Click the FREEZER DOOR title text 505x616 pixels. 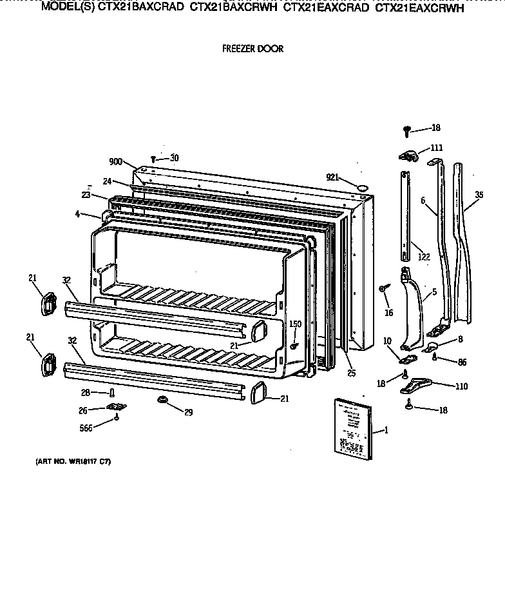(252, 48)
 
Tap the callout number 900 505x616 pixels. (116, 162)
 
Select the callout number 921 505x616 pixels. (332, 176)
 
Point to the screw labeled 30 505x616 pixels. (153, 159)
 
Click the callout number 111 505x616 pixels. (437, 147)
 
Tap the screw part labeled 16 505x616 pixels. (383, 288)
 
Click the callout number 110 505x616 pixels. (461, 386)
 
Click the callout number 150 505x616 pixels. (295, 324)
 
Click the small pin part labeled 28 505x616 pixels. (113, 393)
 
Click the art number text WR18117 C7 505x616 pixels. (68, 462)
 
